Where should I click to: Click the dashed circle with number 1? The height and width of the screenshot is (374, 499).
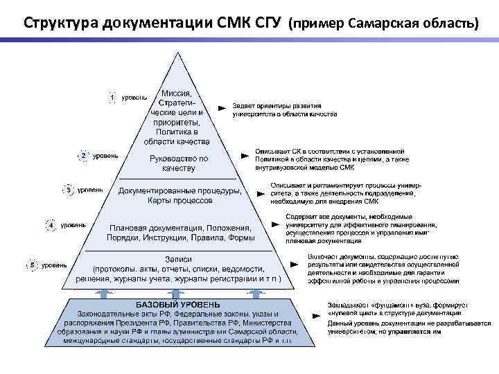(112, 98)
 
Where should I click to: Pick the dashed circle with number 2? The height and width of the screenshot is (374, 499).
(84, 156)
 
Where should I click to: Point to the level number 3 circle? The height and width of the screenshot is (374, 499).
(69, 189)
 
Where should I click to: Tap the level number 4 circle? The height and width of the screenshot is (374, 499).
(51, 225)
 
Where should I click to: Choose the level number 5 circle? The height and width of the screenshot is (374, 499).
(32, 265)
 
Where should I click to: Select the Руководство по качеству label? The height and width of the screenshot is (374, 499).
(179, 163)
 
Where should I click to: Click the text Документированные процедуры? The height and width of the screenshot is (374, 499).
(180, 190)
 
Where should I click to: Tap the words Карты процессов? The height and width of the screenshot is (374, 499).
(180, 201)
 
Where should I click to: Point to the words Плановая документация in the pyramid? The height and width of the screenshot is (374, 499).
(152, 227)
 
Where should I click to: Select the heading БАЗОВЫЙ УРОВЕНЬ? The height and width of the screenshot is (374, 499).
(178, 304)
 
